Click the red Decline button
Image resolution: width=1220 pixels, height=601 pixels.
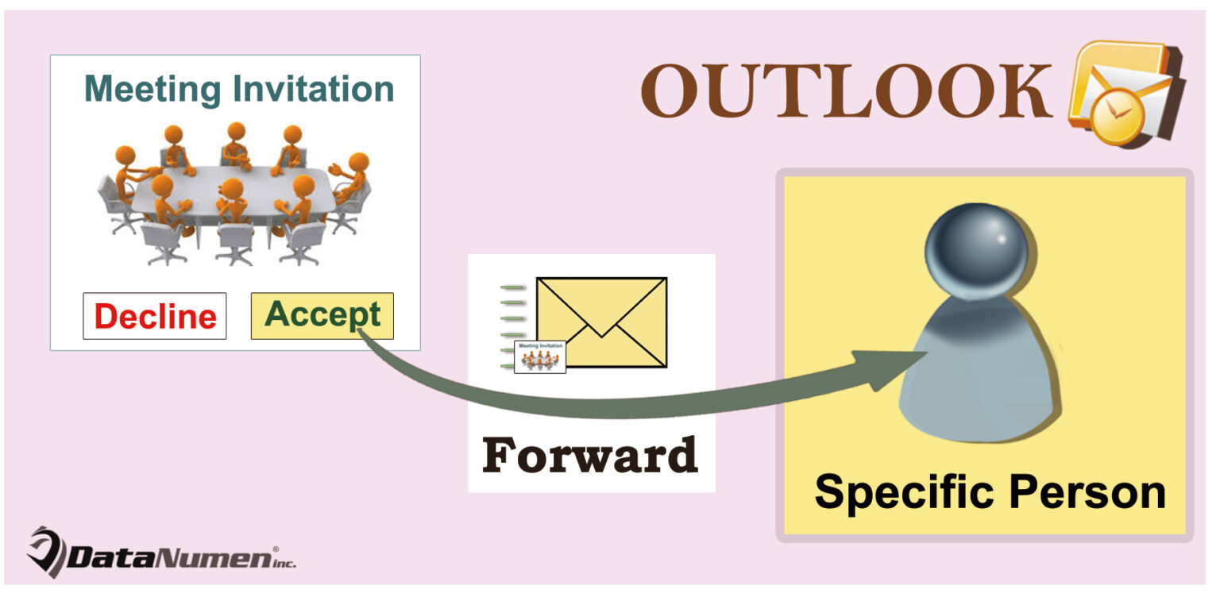[x=155, y=316]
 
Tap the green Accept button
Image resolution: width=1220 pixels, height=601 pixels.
[x=322, y=315]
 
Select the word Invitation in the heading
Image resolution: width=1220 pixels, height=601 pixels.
[x=309, y=88]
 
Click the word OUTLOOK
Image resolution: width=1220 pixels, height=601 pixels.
[x=847, y=92]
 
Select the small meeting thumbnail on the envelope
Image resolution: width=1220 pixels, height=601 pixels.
[x=540, y=356]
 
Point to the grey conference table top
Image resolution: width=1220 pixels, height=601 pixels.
[x=230, y=187]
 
